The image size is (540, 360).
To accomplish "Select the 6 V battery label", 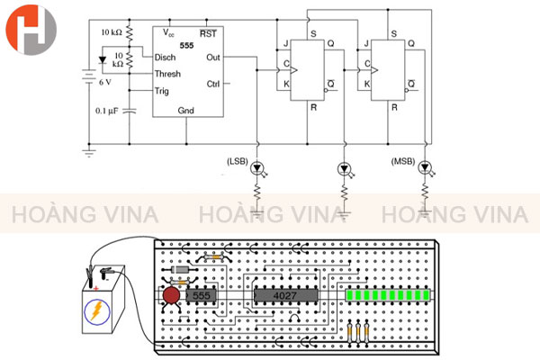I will click(104, 82).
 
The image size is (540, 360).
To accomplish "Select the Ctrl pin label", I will click(212, 84).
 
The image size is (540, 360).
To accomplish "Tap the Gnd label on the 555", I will click(185, 110).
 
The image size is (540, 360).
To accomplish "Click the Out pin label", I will click(212, 57).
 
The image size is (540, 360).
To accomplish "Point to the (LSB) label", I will click(236, 162).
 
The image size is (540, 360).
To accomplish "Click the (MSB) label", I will click(402, 162).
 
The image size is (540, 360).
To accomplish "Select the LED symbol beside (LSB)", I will click(257, 167).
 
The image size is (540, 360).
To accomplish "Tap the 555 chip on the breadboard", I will click(201, 295).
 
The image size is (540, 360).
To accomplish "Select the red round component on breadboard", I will click(171, 295).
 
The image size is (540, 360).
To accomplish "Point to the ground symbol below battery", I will click(88, 154).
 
